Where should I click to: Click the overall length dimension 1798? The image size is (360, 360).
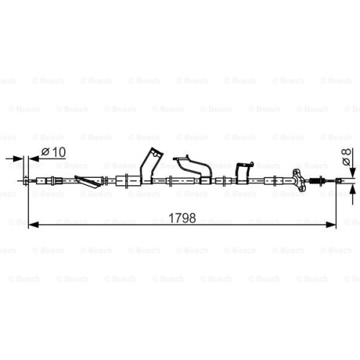(182, 218)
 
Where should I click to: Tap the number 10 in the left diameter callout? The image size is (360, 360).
(58, 152)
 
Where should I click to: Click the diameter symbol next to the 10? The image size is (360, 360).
(45, 152)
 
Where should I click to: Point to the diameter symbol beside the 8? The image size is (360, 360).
(347, 162)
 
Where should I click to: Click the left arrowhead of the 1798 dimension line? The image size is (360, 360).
(34, 225)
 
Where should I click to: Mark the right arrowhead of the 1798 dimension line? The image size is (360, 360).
(330, 225)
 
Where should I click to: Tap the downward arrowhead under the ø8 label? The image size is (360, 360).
(352, 172)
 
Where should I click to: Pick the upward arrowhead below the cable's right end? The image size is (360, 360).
(352, 190)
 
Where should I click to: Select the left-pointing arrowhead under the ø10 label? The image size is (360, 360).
(34, 158)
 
